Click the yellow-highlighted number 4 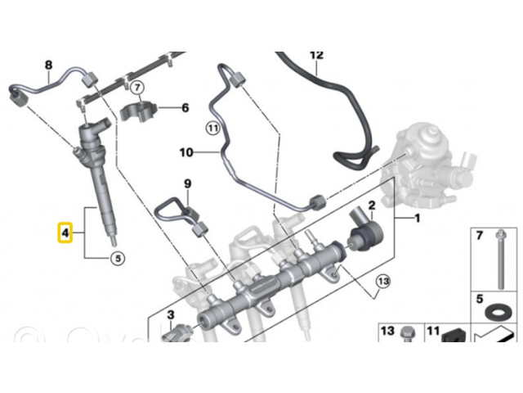[x=62, y=233]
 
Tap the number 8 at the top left [x=48, y=65]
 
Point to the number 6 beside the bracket [x=185, y=107]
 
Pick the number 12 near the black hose [x=317, y=55]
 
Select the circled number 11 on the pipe [x=212, y=128]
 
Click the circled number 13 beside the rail [x=382, y=283]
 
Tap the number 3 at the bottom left [x=171, y=314]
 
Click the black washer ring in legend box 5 [x=496, y=314]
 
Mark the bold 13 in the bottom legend [x=387, y=331]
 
